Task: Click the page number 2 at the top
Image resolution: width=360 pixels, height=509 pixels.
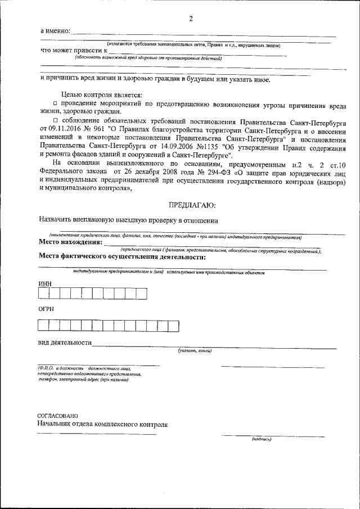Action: (191, 19)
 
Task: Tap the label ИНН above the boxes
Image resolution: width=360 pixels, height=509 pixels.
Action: (45, 283)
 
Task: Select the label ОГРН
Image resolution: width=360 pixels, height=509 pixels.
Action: (46, 309)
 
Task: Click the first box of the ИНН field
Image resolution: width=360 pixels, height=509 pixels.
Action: (43, 293)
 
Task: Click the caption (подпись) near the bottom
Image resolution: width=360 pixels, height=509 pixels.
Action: (262, 439)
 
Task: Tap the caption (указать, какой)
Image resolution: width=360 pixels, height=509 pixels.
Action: (195, 351)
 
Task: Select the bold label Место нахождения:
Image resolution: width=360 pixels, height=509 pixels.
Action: (70, 242)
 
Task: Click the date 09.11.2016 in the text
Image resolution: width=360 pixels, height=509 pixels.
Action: (67, 129)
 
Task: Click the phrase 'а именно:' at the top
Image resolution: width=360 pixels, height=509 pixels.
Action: (55, 30)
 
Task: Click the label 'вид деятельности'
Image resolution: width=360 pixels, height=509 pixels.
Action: (65, 343)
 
